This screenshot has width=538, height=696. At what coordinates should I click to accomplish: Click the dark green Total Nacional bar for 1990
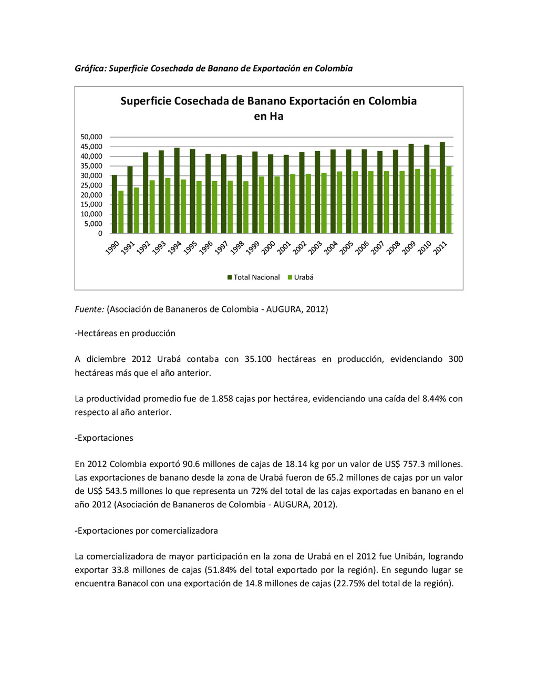coord(115,204)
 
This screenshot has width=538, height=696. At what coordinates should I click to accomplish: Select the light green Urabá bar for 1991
coord(137,211)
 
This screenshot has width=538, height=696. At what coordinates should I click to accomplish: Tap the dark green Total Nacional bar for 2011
coord(442,188)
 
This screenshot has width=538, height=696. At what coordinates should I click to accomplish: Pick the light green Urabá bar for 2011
coord(449,200)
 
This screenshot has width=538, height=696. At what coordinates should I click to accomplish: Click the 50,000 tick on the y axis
coord(91,137)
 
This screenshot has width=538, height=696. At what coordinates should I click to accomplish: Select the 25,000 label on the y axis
coord(91,185)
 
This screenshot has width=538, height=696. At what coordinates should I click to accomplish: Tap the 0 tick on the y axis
coord(100,234)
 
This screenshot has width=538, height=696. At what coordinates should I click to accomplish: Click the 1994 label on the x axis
coord(175,247)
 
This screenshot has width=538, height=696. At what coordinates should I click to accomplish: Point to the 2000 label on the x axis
coord(268,247)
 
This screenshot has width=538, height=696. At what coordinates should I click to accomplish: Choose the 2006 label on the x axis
coord(362,247)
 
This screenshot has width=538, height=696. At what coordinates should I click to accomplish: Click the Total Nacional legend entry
coord(254,277)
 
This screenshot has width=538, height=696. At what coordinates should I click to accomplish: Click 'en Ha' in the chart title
coord(268,117)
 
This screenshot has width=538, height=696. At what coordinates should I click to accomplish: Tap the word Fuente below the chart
coord(89,309)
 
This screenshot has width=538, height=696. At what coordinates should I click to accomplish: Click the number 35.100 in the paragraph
coord(258,359)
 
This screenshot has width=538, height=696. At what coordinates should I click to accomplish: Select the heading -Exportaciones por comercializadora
coord(146,531)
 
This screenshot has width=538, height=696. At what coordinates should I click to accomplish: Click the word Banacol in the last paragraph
coord(133,584)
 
